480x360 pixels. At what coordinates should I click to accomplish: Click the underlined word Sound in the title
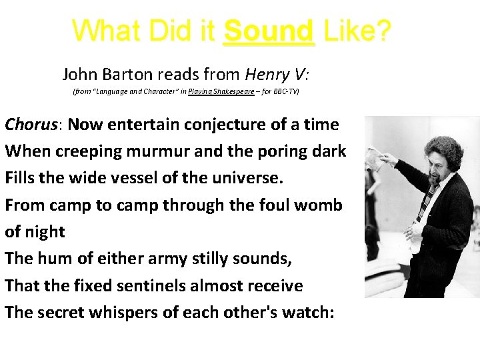click(268, 31)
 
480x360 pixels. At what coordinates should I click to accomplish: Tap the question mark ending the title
click(383, 31)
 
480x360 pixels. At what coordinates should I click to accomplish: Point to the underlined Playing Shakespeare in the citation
click(221, 91)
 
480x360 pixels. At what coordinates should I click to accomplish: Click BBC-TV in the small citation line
click(284, 91)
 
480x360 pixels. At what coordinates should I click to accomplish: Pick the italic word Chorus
click(33, 125)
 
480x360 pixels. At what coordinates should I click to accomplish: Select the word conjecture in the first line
click(220, 125)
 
